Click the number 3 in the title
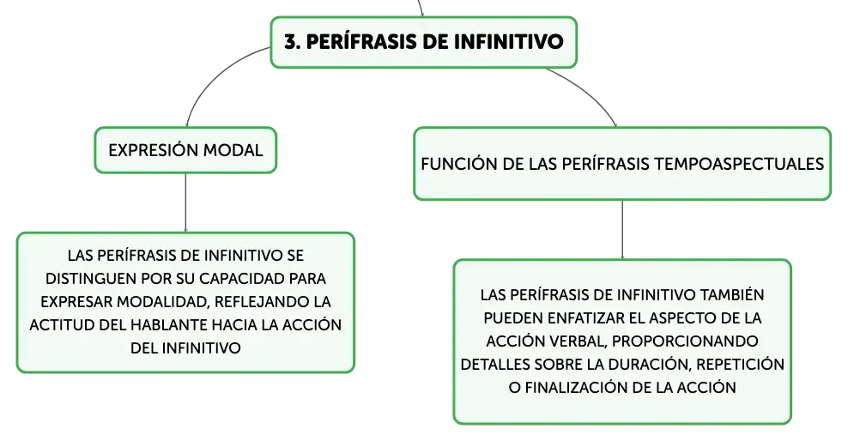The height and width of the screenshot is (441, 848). pyautogui.click(x=291, y=42)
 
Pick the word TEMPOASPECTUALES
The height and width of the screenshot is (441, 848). pyautogui.click(x=739, y=164)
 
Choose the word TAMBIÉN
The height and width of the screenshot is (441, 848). pyautogui.click(x=732, y=294)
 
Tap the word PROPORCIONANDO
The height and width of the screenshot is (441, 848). pyautogui.click(x=685, y=341)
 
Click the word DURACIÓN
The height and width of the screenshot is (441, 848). pyautogui.click(x=650, y=365)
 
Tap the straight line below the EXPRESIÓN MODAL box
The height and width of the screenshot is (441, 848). pyautogui.click(x=185, y=202)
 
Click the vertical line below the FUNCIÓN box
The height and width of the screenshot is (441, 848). pyautogui.click(x=622, y=230)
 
